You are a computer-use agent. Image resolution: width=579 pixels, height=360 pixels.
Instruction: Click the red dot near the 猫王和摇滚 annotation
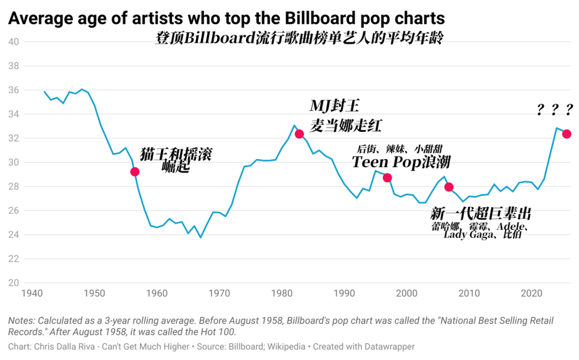(135, 171)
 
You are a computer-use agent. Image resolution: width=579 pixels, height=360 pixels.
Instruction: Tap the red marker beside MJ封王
(299, 134)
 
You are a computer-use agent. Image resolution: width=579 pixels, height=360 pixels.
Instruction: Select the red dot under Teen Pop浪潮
(387, 178)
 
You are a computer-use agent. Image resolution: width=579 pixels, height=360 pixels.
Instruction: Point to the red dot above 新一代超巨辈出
(449, 186)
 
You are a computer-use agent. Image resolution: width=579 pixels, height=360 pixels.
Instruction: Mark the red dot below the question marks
(567, 134)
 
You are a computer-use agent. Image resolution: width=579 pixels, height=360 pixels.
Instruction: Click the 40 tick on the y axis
(14, 42)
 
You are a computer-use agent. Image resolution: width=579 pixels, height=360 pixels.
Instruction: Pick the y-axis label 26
(14, 211)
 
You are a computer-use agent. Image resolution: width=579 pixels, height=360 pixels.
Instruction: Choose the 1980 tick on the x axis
(282, 294)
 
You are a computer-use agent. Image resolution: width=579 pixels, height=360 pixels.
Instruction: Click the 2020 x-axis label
(531, 294)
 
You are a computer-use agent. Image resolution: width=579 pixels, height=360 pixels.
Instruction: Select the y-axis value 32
(14, 138)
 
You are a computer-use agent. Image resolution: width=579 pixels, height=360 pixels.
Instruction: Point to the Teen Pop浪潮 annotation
(401, 162)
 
